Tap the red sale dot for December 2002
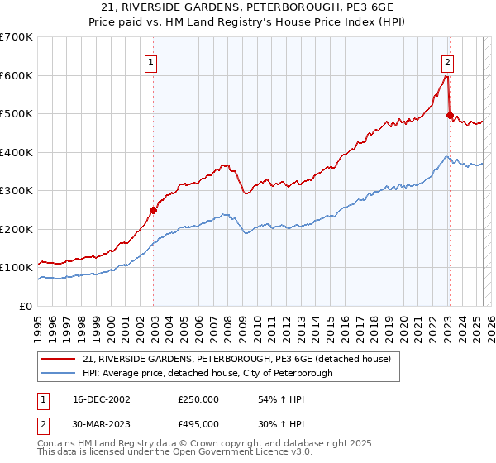click(154, 210)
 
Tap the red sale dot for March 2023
click(450, 116)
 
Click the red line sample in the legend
click(60, 359)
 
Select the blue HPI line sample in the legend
click(60, 373)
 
